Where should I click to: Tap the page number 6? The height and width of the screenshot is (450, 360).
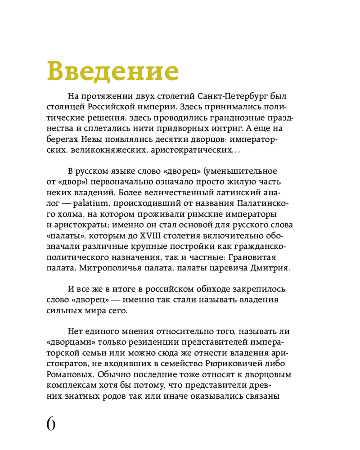51,424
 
